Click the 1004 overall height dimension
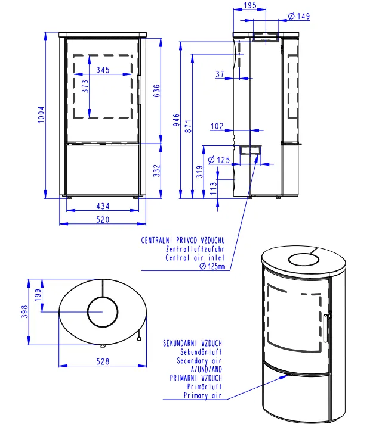point(41,115)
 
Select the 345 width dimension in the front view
point(103,70)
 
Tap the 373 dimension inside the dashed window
point(85,86)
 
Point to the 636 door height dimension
point(157,91)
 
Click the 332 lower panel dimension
point(157,171)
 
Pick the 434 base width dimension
point(103,206)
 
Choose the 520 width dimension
point(103,219)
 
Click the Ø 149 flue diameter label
point(299,16)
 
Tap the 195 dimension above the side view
point(250,5)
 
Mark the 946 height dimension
point(177,120)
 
